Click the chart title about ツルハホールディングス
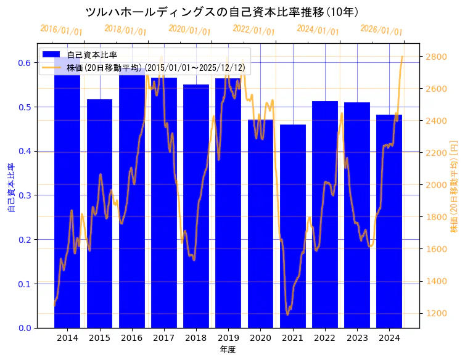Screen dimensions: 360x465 [x=222, y=12]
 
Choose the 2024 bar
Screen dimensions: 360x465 [x=389, y=221]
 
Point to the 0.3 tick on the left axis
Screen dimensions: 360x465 [x=24, y=195]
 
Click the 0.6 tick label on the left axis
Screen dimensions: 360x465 [x=24, y=63]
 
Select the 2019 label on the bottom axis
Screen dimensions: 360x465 [x=228, y=338]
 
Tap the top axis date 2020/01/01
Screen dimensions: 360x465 [x=190, y=30]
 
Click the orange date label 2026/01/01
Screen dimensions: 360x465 [x=382, y=30]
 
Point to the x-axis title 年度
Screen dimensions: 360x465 [x=228, y=350]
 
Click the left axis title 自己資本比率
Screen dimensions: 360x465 [x=10, y=188]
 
